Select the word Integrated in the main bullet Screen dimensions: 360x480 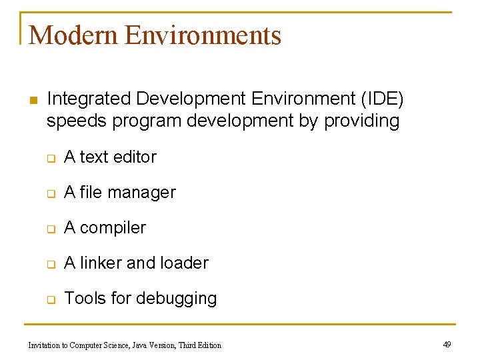tap(89, 99)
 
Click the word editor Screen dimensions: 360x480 tap(135, 157)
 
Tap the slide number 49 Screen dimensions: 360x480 tap(447, 345)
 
